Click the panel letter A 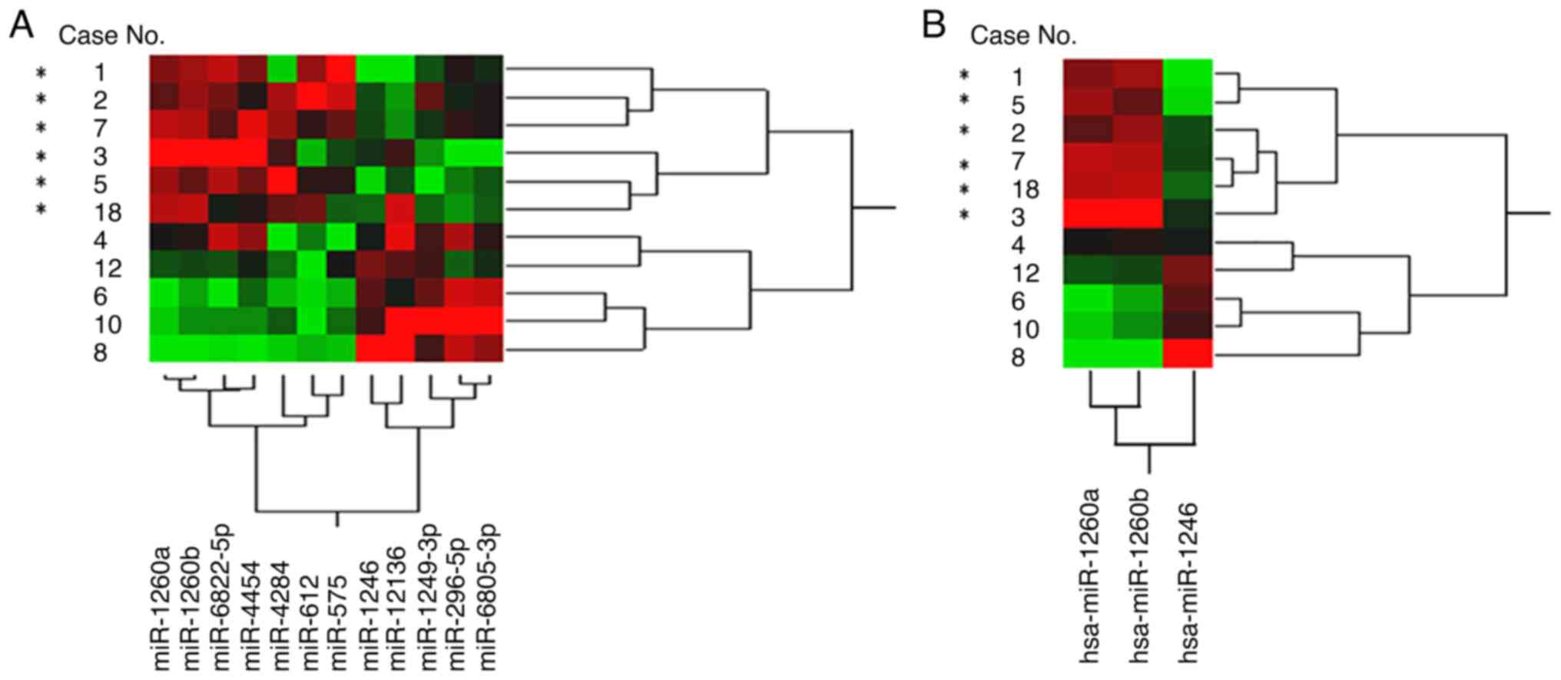tap(21, 25)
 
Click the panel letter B tap(933, 25)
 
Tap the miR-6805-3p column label tap(488, 597)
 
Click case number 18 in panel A tap(108, 212)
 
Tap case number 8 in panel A tap(101, 353)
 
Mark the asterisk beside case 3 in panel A tap(41, 157)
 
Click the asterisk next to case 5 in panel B tap(965, 101)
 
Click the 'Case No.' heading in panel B tap(1023, 35)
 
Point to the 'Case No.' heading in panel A tap(112, 35)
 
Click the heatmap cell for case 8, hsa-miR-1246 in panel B tap(1188, 354)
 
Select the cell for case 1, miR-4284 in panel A tap(280, 69)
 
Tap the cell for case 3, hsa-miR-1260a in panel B tap(1088, 213)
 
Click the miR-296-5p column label tap(457, 599)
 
